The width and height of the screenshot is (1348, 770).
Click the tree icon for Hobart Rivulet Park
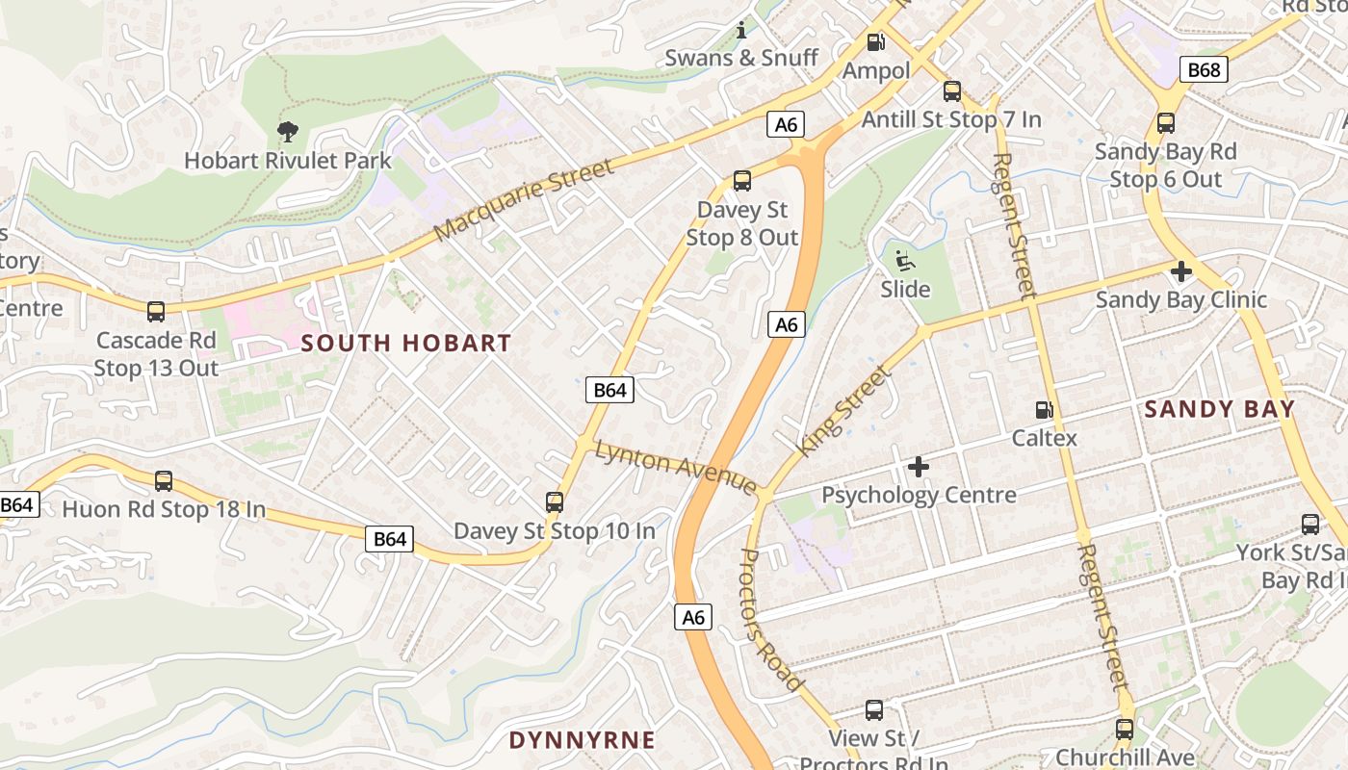[x=287, y=132]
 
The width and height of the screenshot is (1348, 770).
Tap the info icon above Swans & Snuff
[x=741, y=30]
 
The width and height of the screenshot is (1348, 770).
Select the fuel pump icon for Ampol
[x=875, y=42]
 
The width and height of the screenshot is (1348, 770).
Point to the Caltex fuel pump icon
[x=1044, y=410]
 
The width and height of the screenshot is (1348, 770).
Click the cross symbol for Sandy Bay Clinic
[x=1180, y=271]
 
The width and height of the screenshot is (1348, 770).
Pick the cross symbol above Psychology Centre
[x=919, y=467]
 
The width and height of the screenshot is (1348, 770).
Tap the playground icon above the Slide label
[x=905, y=261]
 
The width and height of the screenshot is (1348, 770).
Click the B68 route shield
[x=1204, y=69]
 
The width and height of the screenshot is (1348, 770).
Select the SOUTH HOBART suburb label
[x=406, y=343]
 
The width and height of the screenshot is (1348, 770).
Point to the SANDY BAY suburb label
[x=1219, y=409]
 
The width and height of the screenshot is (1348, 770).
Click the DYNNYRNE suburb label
[x=582, y=740]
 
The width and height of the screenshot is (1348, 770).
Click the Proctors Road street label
[x=771, y=620]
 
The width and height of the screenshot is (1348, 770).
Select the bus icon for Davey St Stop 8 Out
[x=741, y=180]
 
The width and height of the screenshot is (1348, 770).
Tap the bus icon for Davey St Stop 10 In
[x=554, y=501]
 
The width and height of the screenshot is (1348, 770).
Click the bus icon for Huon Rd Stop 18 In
[x=164, y=480]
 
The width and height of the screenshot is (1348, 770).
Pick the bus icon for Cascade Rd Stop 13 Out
[x=156, y=311]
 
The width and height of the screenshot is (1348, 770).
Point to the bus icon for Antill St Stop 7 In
[x=951, y=91]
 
